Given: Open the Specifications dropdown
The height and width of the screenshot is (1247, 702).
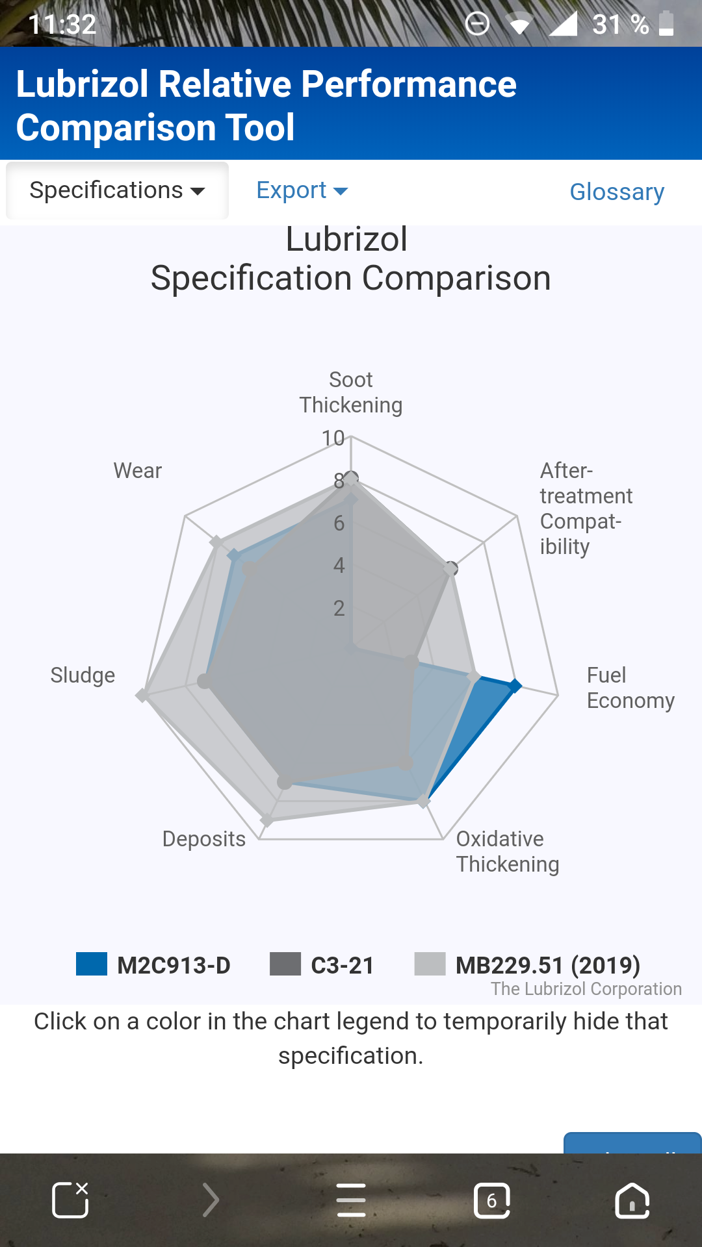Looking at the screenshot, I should coord(117,190).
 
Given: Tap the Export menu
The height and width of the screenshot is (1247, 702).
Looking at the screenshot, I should coord(302,190).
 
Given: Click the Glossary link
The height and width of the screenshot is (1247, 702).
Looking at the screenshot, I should coord(617,192).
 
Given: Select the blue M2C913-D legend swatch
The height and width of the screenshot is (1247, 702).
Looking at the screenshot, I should coord(92,964).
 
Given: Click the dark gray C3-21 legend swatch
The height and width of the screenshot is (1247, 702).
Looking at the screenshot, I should coord(285,964).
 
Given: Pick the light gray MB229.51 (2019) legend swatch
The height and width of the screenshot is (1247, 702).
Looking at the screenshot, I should coord(430,964).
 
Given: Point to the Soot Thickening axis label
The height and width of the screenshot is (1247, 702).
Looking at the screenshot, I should coord(351,392).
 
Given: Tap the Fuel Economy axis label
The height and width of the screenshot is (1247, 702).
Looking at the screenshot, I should coord(630,688).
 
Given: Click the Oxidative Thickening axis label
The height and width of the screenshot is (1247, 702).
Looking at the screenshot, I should coord(507,851).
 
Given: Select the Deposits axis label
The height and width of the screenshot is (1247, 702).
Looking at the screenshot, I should coord(204,839).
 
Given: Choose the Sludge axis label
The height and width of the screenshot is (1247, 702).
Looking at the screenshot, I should coord(83,675).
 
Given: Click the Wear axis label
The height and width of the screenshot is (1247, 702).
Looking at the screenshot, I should coord(138,471).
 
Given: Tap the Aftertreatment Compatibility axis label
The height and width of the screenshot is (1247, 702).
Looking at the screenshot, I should coord(585,509).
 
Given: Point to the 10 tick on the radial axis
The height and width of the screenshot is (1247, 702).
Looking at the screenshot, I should coord(333,438).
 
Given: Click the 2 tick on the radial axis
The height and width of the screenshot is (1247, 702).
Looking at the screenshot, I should coord(339,609).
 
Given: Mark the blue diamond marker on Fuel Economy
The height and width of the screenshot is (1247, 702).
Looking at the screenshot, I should coord(515,686).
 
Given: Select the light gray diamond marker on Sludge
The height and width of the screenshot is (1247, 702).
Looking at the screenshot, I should coord(142,696).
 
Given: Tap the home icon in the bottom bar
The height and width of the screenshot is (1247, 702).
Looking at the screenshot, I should coord(632,1200).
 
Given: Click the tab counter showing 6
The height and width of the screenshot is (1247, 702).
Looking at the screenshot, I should coord(492,1200).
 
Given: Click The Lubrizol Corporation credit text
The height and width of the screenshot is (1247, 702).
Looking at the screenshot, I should coord(586,989).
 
